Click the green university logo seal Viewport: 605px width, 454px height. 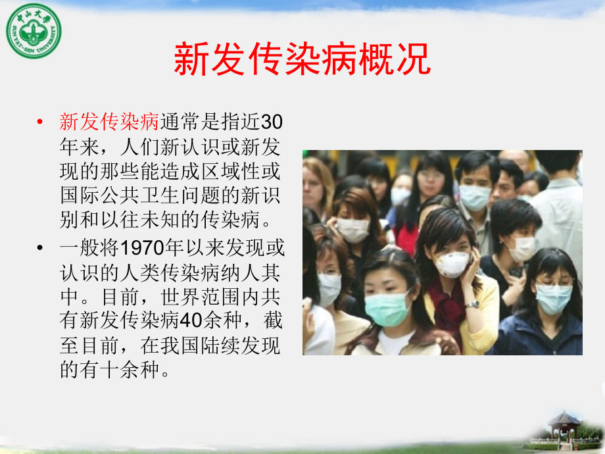(33, 30)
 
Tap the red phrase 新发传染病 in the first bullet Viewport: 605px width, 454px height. (109, 122)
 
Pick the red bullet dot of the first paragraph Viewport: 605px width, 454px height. (41, 122)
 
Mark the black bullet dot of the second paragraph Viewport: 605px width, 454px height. (41, 249)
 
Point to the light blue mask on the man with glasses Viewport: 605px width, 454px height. (474, 195)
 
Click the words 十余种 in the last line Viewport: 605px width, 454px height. (122, 371)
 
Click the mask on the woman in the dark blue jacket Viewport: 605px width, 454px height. (553, 297)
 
